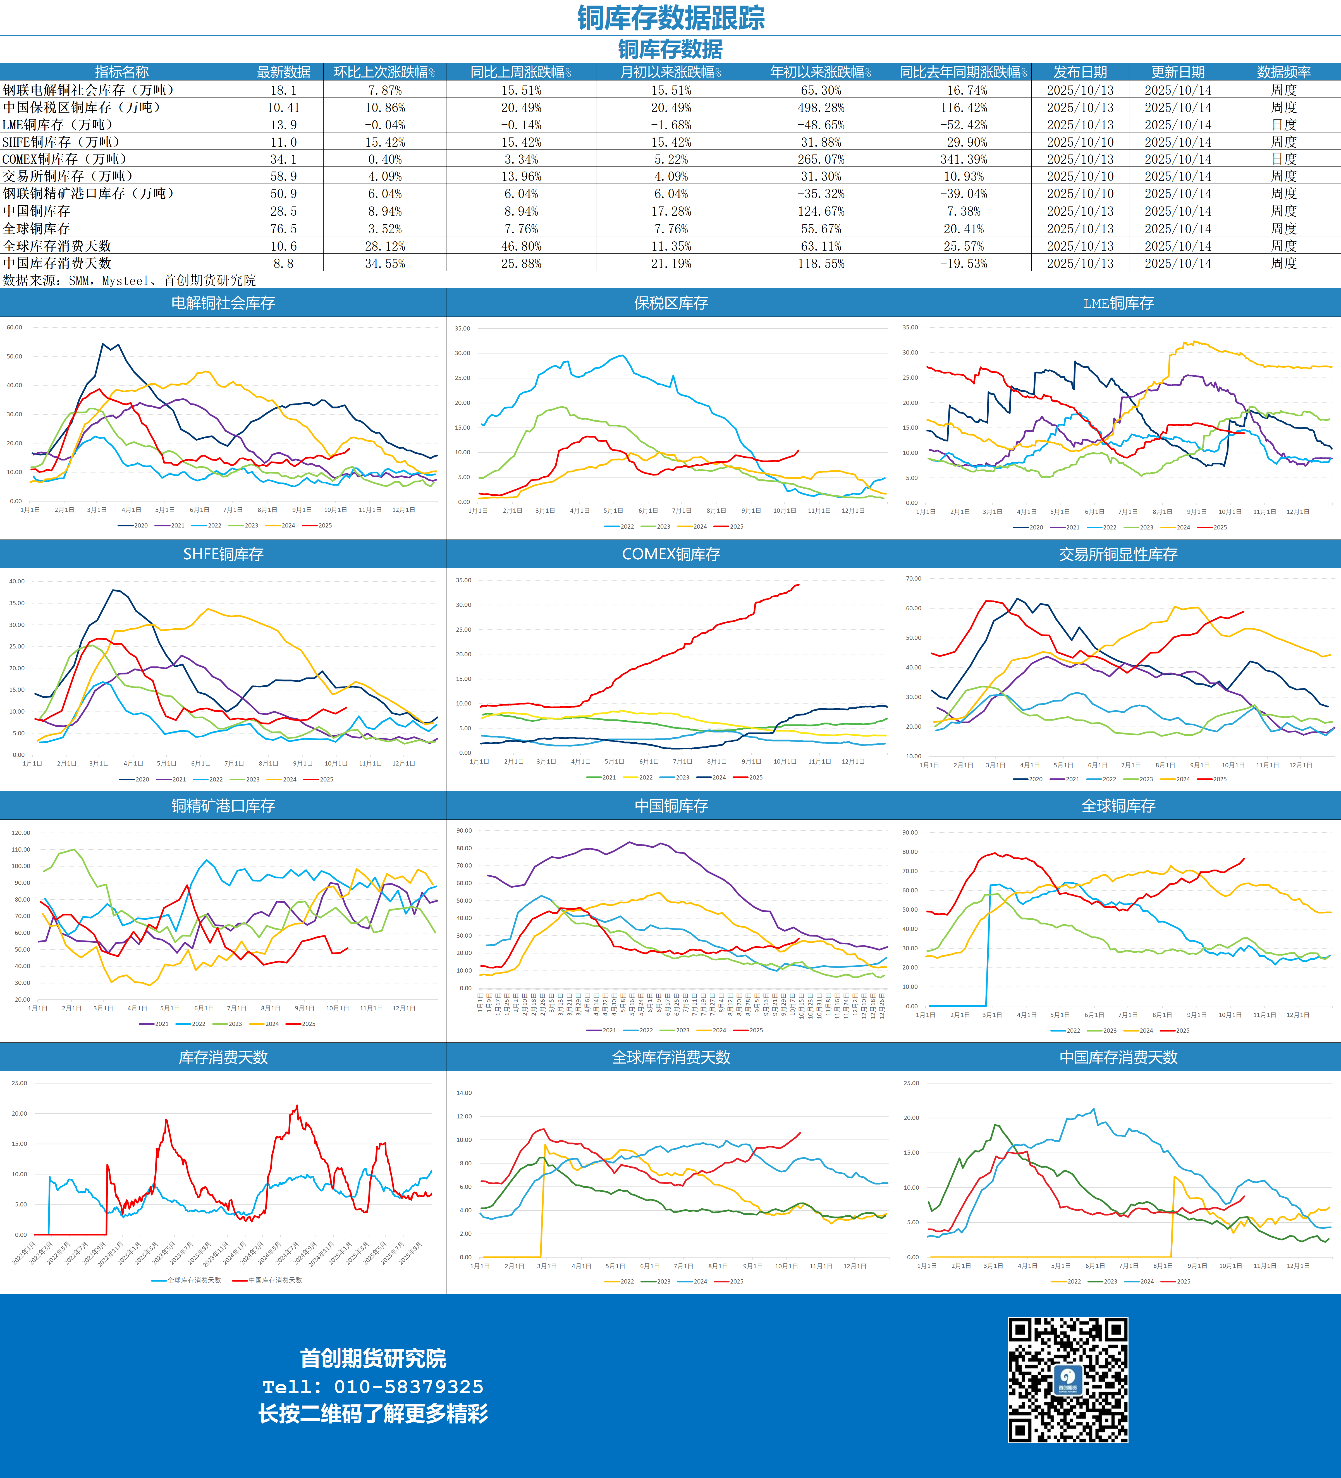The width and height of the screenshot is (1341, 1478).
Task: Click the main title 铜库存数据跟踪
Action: pyautogui.click(x=671, y=18)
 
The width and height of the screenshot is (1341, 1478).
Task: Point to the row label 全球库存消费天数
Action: pyautogui.click(x=57, y=246)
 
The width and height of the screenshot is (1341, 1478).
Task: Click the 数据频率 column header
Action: pyautogui.click(x=1283, y=72)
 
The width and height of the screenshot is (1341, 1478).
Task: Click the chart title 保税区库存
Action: pyautogui.click(x=671, y=303)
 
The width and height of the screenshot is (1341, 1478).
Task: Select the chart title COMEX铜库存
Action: pyautogui.click(x=671, y=554)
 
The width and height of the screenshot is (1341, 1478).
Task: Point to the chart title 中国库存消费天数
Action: pyautogui.click(x=1118, y=1057)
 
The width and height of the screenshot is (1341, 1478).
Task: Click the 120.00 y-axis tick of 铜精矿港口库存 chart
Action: pyautogui.click(x=20, y=833)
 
